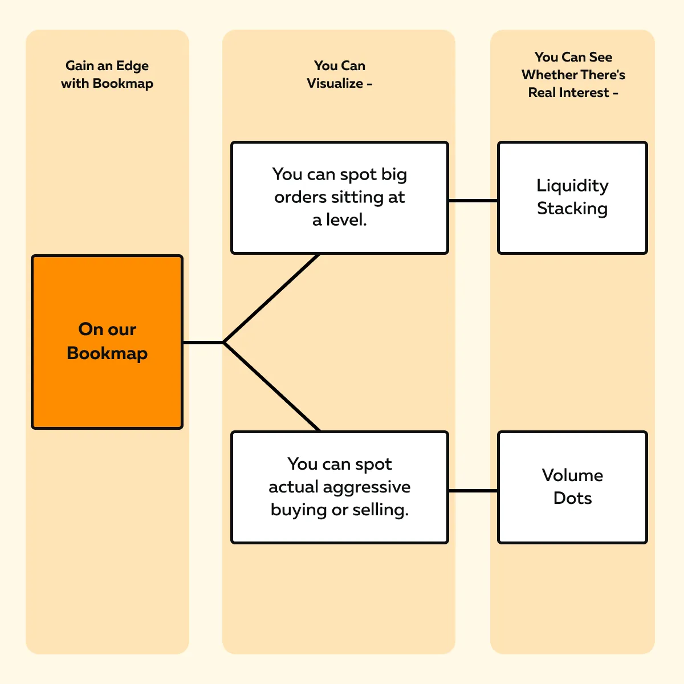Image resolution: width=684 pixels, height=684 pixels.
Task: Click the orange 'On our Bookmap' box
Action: click(107, 342)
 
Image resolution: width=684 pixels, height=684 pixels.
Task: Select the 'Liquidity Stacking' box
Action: click(572, 198)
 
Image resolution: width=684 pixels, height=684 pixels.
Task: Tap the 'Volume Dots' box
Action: click(572, 487)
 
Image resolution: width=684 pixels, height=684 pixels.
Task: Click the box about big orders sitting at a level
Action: click(340, 198)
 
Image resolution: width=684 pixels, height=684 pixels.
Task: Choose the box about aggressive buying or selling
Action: click(340, 487)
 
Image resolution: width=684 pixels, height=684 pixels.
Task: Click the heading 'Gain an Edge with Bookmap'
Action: click(107, 75)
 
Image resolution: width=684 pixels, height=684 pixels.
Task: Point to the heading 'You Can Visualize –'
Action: click(340, 75)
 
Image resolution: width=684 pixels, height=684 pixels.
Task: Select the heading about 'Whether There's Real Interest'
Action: click(573, 75)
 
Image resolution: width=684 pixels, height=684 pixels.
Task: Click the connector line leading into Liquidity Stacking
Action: click(473, 201)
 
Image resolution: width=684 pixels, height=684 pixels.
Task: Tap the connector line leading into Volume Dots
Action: click(473, 491)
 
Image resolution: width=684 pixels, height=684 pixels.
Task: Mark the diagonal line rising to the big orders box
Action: click(272, 298)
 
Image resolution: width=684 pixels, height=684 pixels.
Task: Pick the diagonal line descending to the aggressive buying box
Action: click(272, 387)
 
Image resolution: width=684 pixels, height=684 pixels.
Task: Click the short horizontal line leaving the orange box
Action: click(203, 343)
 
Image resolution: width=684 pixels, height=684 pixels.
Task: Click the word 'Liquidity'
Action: click(572, 186)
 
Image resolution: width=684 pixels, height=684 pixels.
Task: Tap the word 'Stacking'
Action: click(572, 209)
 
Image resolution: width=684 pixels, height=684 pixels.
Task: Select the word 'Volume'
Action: click(572, 475)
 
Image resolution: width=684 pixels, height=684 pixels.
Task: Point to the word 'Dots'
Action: click(572, 498)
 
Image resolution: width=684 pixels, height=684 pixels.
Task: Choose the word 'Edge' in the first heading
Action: click(132, 66)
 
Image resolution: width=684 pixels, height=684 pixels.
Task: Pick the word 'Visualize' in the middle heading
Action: click(335, 83)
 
